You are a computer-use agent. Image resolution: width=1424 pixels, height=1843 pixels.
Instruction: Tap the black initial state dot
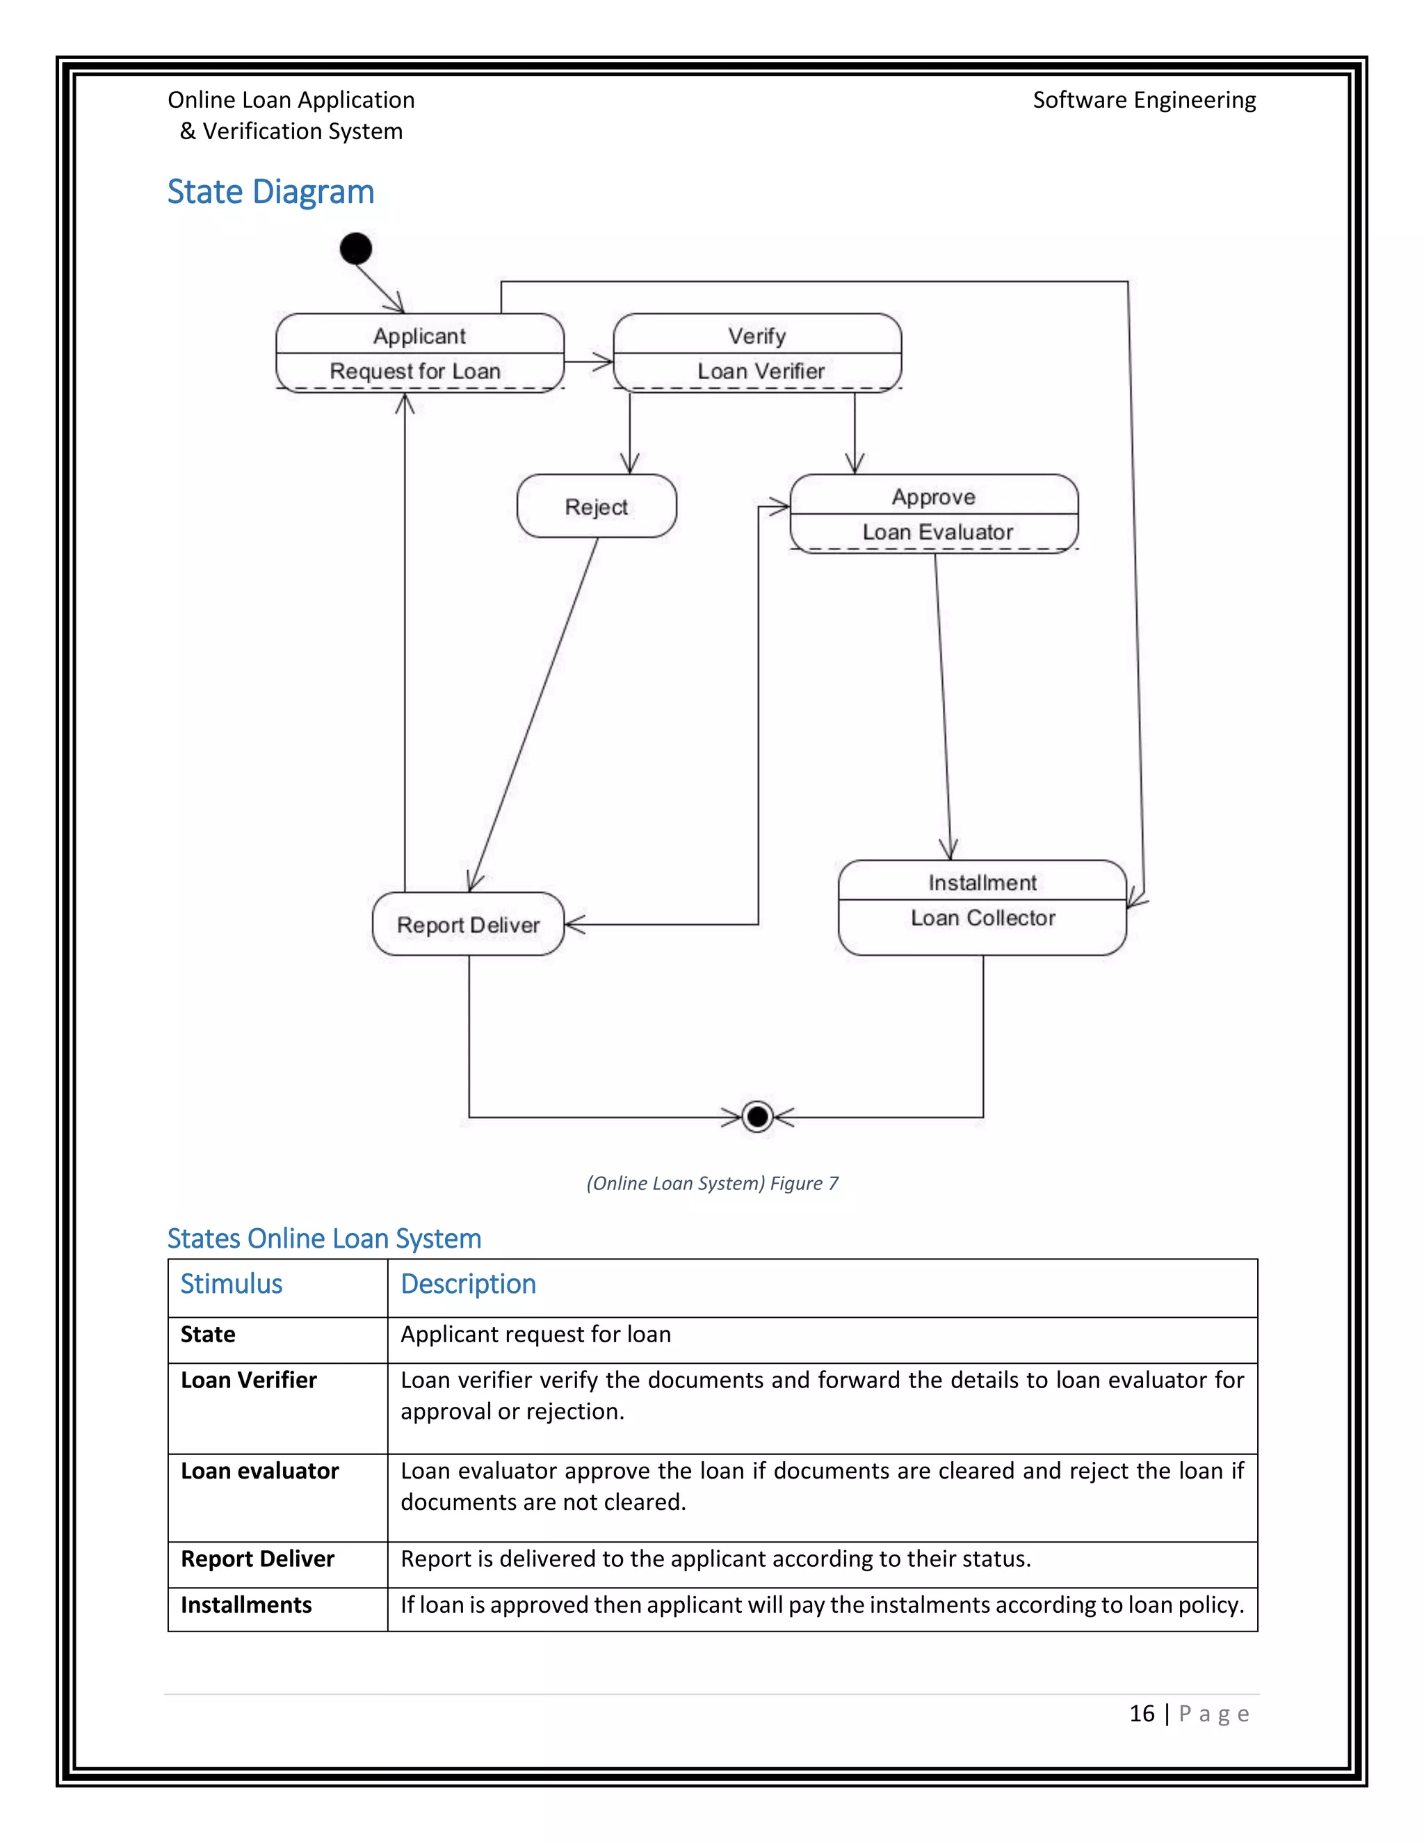pyautogui.click(x=355, y=248)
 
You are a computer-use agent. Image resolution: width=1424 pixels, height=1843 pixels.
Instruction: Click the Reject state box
pyautogui.click(x=597, y=506)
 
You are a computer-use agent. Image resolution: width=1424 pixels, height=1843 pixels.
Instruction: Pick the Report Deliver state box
pyautogui.click(x=468, y=925)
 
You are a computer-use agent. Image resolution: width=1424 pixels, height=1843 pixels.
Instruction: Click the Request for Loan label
pyautogui.click(x=415, y=371)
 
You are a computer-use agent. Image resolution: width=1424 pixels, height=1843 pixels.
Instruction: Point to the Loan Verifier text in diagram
pyautogui.click(x=760, y=371)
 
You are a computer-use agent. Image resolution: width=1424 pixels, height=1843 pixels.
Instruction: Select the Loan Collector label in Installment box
pyautogui.click(x=982, y=918)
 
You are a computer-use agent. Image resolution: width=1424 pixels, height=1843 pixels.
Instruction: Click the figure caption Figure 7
pyautogui.click(x=712, y=1183)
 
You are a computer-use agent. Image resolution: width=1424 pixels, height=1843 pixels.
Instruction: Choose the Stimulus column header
pyautogui.click(x=231, y=1284)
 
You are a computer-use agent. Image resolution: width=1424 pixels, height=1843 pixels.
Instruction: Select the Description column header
pyautogui.click(x=468, y=1284)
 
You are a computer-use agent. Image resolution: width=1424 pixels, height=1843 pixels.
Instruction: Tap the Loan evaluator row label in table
pyautogui.click(x=260, y=1471)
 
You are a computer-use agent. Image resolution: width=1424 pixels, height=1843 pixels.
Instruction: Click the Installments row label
pyautogui.click(x=246, y=1604)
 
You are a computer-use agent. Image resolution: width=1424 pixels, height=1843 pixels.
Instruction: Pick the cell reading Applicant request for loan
pyautogui.click(x=535, y=1334)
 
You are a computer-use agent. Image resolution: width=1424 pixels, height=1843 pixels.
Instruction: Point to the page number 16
pyautogui.click(x=1142, y=1713)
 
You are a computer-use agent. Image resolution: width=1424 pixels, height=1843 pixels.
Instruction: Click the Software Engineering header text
pyautogui.click(x=1144, y=99)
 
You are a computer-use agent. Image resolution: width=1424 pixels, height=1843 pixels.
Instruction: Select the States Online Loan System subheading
pyautogui.click(x=324, y=1238)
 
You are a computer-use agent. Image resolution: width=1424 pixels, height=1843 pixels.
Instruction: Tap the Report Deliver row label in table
pyautogui.click(x=257, y=1559)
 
